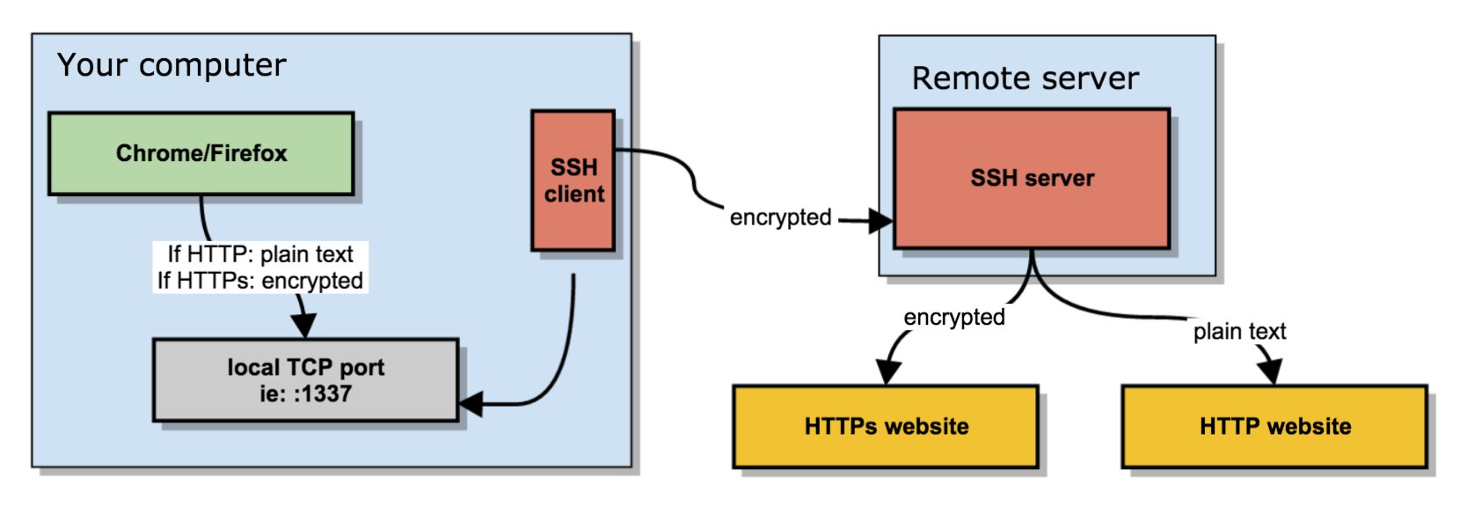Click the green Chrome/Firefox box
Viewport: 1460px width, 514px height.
[201, 154]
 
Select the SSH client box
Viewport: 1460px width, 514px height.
[573, 180]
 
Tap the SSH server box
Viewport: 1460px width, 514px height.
[1032, 179]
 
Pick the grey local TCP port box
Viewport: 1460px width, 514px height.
[306, 380]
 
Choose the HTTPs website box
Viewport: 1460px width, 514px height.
[886, 427]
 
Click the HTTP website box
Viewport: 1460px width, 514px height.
[1275, 427]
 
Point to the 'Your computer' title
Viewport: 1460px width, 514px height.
[172, 65]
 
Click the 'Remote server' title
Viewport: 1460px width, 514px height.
[1026, 78]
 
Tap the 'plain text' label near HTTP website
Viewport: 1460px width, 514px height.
[1240, 331]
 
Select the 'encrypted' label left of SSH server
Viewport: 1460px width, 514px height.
[780, 217]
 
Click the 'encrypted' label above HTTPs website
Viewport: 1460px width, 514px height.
[954, 317]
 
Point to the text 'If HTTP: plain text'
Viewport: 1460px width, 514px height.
[260, 253]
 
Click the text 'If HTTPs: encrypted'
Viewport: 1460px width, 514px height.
[260, 281]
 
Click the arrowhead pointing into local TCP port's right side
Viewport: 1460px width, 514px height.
[471, 404]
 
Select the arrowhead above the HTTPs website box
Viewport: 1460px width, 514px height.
[887, 372]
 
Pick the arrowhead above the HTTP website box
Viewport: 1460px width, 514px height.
[1271, 371]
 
